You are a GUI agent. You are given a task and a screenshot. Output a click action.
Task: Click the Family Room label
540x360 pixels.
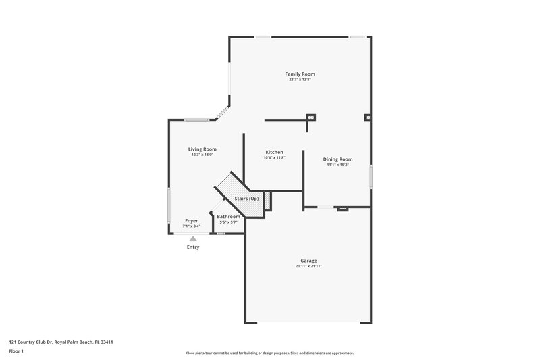[300, 74]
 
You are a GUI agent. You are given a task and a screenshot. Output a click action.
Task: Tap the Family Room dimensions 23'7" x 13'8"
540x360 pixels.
[300, 80]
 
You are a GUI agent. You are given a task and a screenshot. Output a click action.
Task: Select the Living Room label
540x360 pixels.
[202, 149]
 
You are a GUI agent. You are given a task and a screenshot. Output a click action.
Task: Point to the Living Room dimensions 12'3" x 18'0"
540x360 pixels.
[202, 155]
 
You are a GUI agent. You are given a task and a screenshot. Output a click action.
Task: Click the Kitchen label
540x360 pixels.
[274, 152]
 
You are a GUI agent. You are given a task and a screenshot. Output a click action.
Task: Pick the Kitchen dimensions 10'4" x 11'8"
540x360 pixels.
[274, 158]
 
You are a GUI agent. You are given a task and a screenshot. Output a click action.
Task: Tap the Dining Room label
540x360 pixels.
[337, 159]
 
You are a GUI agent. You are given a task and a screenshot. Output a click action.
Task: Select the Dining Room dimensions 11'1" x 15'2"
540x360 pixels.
[337, 165]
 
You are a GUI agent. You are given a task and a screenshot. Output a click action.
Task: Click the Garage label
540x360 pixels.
[308, 261]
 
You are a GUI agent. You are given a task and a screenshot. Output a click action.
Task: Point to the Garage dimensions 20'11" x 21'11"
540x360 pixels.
[308, 266]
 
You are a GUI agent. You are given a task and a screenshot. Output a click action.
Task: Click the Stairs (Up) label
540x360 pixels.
[246, 199]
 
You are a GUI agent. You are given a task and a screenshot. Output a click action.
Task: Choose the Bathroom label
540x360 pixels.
[228, 216]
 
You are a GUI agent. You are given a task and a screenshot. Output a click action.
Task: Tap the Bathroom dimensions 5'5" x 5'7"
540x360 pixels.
[228, 222]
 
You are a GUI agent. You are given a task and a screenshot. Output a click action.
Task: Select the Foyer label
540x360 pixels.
[192, 221]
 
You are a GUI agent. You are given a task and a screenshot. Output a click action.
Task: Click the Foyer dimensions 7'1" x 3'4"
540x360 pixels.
[192, 226]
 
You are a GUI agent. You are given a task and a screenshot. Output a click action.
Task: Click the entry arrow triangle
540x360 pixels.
[193, 238]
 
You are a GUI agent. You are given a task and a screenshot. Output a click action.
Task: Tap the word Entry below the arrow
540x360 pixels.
[193, 247]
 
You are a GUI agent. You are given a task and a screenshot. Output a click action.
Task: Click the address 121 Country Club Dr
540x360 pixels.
[60, 342]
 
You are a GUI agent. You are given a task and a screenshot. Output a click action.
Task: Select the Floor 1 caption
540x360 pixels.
[16, 352]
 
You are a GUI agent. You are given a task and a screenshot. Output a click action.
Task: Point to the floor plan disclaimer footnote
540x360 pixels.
[269, 353]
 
